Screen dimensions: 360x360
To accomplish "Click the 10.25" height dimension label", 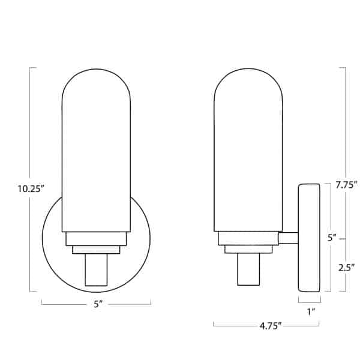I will pyautogui.click(x=31, y=188).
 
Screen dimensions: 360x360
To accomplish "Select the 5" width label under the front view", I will pyautogui.click(x=97, y=304).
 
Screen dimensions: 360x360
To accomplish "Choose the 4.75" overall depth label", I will pyautogui.click(x=266, y=326).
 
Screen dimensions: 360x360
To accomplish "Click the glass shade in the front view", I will pyautogui.click(x=96, y=156).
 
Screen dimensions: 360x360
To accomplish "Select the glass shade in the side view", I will pyautogui.click(x=248, y=156).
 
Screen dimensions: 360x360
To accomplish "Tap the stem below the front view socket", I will pyautogui.click(x=96, y=269).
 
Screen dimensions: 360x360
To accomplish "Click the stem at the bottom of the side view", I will pyautogui.click(x=248, y=269).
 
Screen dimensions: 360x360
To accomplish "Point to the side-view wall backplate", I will pyautogui.click(x=309, y=238).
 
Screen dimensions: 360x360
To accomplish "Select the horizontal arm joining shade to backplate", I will pyautogui.click(x=289, y=238).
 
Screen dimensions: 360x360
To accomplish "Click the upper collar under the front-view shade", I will pyautogui.click(x=96, y=238).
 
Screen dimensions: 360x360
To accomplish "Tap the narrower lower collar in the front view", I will pyautogui.click(x=96, y=249).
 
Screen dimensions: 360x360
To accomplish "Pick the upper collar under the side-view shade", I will pyautogui.click(x=248, y=238).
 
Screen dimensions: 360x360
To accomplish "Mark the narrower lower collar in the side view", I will pyautogui.click(x=248, y=249).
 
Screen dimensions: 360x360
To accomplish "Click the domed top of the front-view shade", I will pyautogui.click(x=96, y=81).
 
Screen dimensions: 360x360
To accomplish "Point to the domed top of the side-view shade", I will pyautogui.click(x=248, y=81).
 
